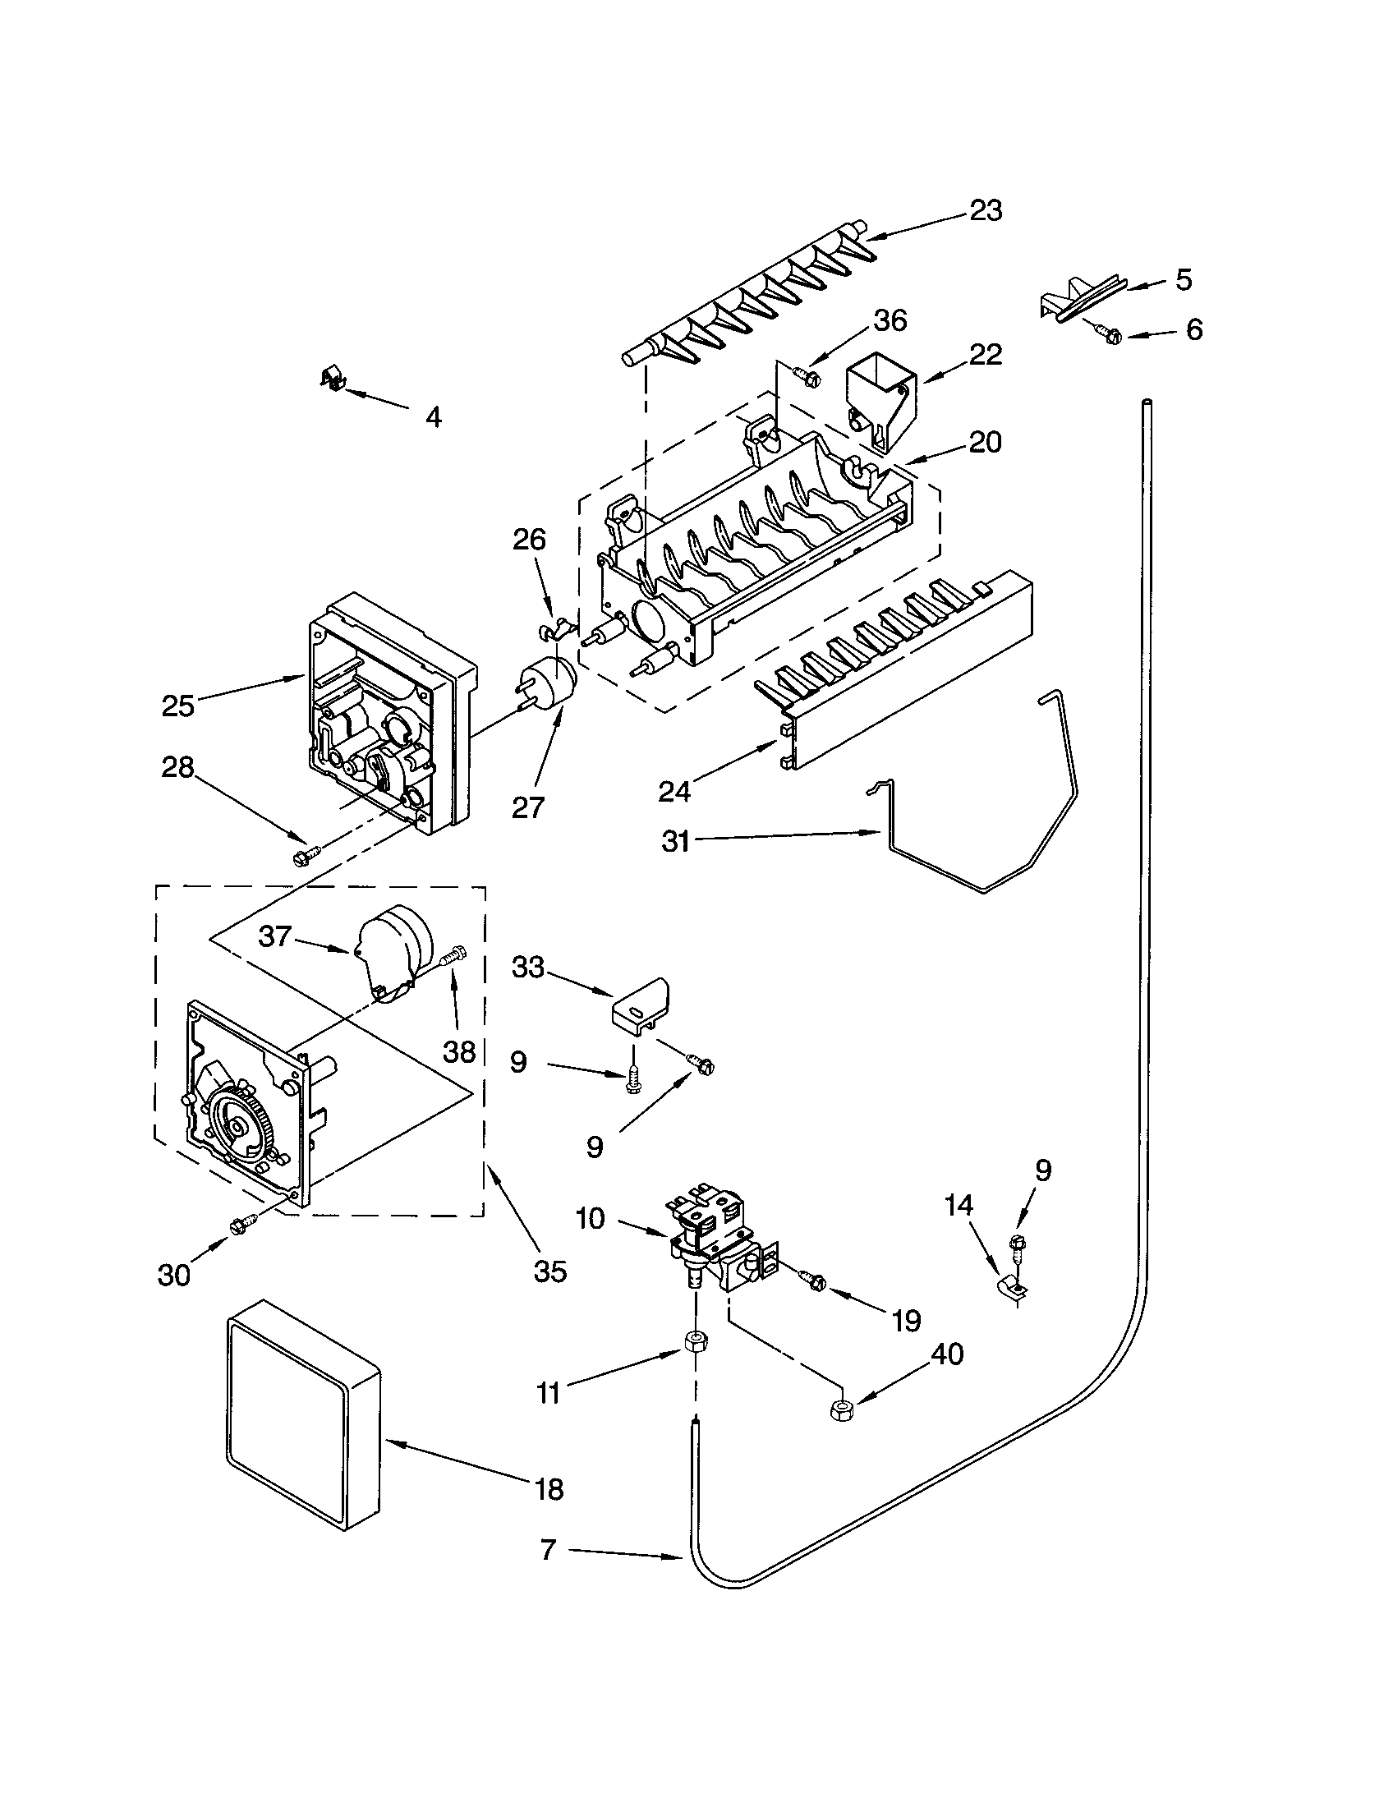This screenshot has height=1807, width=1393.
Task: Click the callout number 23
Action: point(986,211)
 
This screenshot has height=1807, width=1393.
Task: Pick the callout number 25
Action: point(178,706)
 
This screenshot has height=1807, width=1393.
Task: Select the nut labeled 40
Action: point(841,1409)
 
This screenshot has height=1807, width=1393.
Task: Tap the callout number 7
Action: point(548,1550)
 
